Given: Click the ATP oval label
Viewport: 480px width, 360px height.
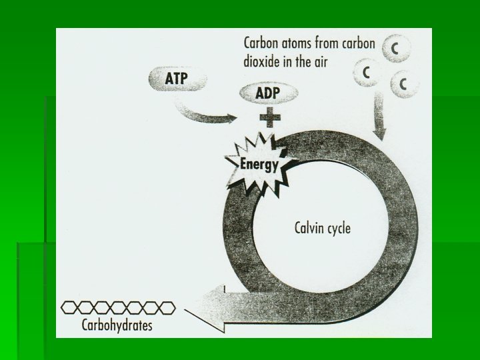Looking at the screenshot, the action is tap(176, 79).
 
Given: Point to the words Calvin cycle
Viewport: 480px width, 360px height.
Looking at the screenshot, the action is tap(322, 228).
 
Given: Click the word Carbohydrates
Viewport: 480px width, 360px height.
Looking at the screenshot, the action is tap(117, 325).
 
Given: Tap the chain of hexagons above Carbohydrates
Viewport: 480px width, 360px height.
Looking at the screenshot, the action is tap(118, 307).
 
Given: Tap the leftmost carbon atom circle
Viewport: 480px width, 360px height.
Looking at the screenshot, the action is tap(365, 71).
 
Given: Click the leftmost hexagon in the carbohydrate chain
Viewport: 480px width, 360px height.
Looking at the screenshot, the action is tap(70, 307).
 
